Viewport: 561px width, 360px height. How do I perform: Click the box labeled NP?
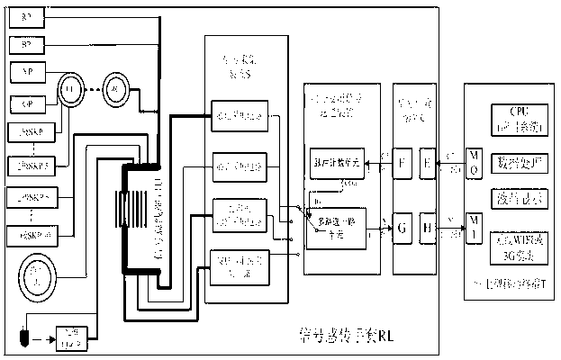tap(22, 69)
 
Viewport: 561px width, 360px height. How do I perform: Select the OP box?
tap(22, 101)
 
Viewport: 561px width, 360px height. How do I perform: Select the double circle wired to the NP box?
tap(69, 89)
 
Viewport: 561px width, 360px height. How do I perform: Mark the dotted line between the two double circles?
tap(93, 89)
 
